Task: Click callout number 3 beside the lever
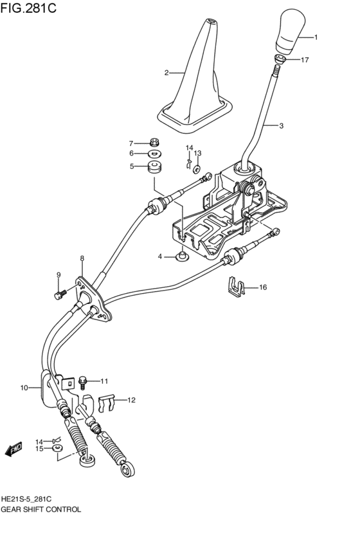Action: click(x=281, y=126)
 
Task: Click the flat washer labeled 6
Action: click(x=154, y=154)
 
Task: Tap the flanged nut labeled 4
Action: click(x=183, y=258)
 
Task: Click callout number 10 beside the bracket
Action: click(x=24, y=388)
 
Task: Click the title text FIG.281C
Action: click(x=28, y=10)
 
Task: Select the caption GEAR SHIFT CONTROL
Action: click(x=41, y=509)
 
